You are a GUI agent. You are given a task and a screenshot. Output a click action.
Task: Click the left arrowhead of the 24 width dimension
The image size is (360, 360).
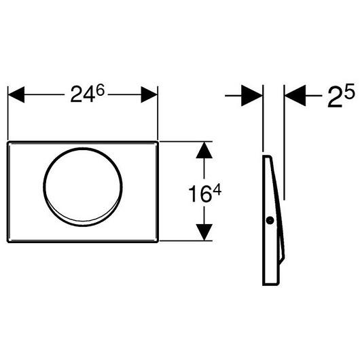click(x=16, y=94)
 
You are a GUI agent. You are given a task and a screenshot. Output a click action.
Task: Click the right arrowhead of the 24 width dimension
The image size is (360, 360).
click(x=149, y=94)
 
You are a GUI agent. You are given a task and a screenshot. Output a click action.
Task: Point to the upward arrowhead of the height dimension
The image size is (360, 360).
click(x=203, y=151)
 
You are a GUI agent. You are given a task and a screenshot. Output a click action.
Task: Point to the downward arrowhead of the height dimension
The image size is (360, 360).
click(x=203, y=231)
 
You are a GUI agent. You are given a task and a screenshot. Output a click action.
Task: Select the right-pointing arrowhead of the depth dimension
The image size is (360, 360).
click(x=253, y=96)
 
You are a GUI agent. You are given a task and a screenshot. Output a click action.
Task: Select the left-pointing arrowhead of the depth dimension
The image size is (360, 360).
click(x=294, y=96)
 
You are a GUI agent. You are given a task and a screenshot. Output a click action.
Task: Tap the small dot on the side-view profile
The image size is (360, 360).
click(x=270, y=220)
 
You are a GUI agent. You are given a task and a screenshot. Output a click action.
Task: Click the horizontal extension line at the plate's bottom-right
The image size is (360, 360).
click(x=183, y=240)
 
